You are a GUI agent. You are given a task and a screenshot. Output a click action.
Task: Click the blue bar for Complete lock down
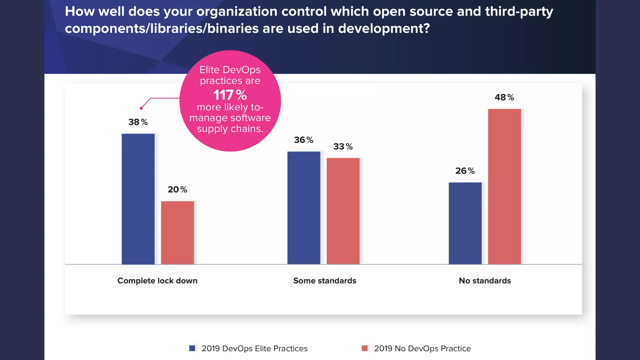pyautogui.click(x=138, y=199)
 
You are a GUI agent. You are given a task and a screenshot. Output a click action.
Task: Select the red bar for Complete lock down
pyautogui.click(x=177, y=233)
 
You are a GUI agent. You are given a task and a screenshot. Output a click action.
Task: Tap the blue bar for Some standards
pyautogui.click(x=304, y=208)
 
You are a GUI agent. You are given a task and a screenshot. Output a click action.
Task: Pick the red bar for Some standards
pyautogui.click(x=343, y=211)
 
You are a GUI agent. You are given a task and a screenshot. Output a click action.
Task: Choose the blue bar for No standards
pyautogui.click(x=465, y=223)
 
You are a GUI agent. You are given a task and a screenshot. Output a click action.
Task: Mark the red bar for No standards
pyautogui.click(x=504, y=187)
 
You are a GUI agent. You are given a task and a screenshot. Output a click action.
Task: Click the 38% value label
pyautogui.click(x=138, y=122)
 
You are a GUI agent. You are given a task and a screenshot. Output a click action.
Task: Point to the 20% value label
pyautogui.click(x=177, y=190)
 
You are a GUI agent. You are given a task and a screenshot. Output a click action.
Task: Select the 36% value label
pyautogui.click(x=303, y=140)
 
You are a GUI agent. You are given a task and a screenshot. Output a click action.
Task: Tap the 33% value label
pyautogui.click(x=343, y=147)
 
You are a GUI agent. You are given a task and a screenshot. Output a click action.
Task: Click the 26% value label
pyautogui.click(x=465, y=171)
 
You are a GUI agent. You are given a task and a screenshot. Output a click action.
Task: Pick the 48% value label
pyautogui.click(x=504, y=97)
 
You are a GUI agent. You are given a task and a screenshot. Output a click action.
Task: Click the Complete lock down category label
pyautogui.click(x=157, y=281)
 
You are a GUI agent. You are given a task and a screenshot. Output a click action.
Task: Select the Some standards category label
pyautogui.click(x=325, y=281)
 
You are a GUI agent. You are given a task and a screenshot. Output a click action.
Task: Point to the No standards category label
pyautogui.click(x=485, y=281)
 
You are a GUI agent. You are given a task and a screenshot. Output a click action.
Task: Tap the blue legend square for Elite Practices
pyautogui.click(x=192, y=348)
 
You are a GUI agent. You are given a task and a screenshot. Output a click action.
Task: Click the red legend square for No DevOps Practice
pyautogui.click(x=365, y=348)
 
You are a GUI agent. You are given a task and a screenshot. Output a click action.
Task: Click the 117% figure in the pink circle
pyautogui.click(x=230, y=95)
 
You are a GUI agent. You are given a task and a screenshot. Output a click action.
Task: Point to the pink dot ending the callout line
pyautogui.click(x=141, y=108)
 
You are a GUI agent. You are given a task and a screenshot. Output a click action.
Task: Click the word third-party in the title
pyautogui.click(x=519, y=12)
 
